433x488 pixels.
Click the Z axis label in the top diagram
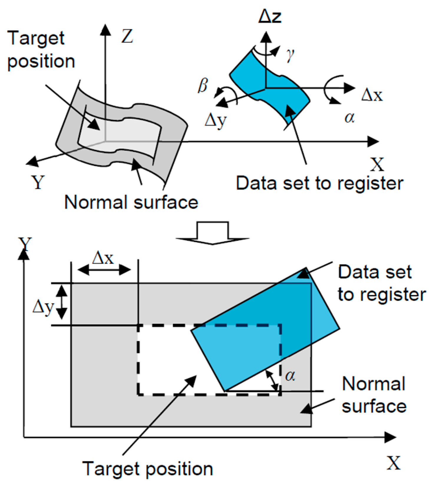[127, 37]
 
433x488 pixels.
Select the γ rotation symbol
[290, 55]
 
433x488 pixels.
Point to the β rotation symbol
[203, 86]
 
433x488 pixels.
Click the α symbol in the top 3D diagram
[350, 118]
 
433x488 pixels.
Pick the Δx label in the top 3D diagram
[372, 95]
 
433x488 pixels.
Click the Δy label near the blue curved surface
[216, 121]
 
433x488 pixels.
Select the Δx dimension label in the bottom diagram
[103, 258]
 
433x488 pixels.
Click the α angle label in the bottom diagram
[290, 376]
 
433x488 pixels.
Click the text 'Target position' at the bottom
[147, 469]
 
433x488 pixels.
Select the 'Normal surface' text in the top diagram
[131, 202]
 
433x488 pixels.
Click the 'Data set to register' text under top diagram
[319, 183]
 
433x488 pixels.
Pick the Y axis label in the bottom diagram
[25, 244]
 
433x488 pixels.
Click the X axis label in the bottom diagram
[394, 463]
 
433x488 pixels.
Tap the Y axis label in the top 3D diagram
[38, 182]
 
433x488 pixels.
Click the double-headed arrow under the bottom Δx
[104, 270]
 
